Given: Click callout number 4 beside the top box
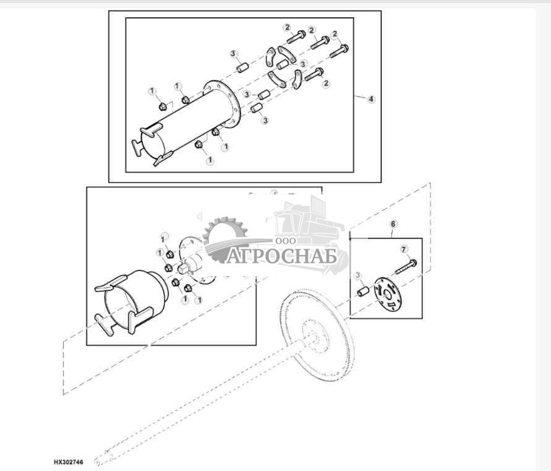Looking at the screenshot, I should point(371,99).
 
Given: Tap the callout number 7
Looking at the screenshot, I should point(404,249).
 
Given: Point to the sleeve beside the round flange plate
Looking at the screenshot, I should point(364,290).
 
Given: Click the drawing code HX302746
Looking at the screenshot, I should point(68,462).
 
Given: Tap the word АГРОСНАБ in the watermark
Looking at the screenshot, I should point(281,256).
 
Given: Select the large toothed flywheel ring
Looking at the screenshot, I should point(315,334).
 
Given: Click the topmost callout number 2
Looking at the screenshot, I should point(287,27).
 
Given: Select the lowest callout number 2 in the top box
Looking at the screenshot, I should point(326,84).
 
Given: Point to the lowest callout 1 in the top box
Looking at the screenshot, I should point(209,160).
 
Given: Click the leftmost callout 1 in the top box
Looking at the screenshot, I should point(152,92).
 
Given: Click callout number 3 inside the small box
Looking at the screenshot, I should point(357,275).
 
